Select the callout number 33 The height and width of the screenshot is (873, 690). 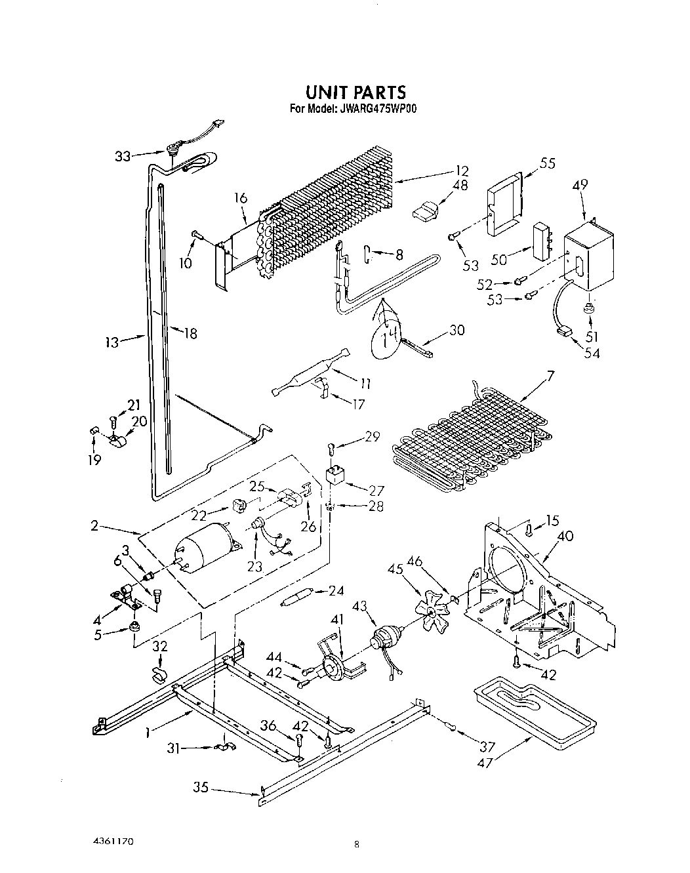click(123, 156)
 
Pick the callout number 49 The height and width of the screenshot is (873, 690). click(580, 185)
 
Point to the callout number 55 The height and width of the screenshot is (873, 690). click(547, 163)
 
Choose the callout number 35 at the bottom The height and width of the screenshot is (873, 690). click(201, 786)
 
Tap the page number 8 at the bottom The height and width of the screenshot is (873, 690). click(356, 845)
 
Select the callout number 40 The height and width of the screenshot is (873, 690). click(565, 537)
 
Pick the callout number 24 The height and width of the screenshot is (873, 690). click(336, 590)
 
